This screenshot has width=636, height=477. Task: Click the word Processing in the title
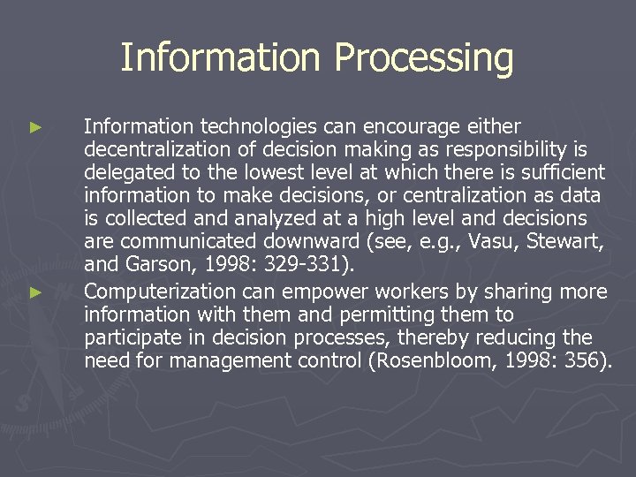click(424, 58)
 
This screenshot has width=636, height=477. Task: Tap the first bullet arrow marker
click(35, 127)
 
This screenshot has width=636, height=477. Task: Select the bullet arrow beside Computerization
click(35, 291)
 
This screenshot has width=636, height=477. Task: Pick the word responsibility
click(500, 150)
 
